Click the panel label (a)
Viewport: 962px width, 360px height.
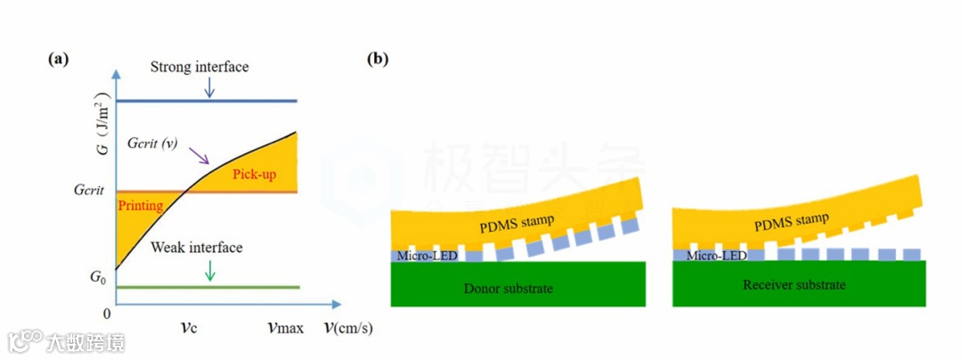[58, 60]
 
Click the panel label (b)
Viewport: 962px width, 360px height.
[379, 60]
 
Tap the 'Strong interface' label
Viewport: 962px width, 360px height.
[200, 67]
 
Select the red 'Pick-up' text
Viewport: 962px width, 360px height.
[255, 174]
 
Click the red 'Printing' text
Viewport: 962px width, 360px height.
[140, 206]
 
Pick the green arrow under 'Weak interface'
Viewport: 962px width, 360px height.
[209, 269]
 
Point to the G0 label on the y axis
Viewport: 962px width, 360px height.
[96, 276]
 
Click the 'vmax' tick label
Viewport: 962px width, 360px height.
[285, 328]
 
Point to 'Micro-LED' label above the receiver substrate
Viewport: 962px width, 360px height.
[716, 255]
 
